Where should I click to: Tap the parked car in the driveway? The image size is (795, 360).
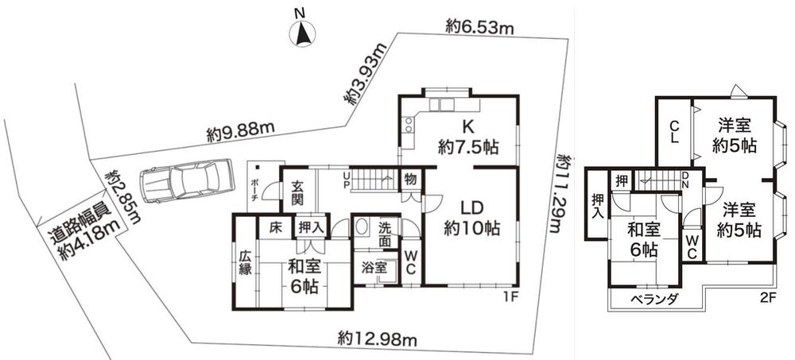coord(186,181)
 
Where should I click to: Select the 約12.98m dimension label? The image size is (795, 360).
coord(377,339)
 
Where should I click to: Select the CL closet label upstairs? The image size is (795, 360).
coord(673,133)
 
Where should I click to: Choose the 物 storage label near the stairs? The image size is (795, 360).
coord(409,179)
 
